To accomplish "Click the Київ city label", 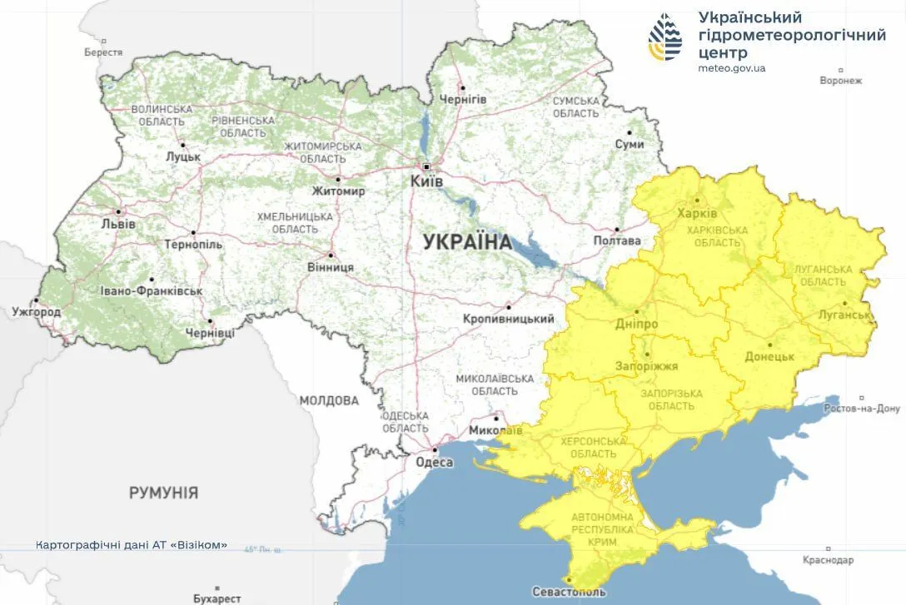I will coord(426,181).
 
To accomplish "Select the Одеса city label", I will coord(433,463).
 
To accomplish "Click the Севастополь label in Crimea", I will coord(569,593).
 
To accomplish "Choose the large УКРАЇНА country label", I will coord(467,242).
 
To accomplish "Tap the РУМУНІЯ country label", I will coord(163,493).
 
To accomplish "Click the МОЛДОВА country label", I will coord(329,400).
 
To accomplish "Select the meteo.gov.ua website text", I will coord(731,68).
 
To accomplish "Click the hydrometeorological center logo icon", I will coord(665,37).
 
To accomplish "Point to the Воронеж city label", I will coord(840,81).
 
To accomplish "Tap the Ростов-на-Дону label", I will coord(862,409).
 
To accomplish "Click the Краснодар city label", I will coord(828,560).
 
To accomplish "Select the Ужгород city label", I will coord(37,312).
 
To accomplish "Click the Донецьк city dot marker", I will coord(769,344).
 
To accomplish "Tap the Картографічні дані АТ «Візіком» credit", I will coord(132,545).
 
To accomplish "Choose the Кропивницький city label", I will coord(509,319).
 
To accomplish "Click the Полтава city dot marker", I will coord(617,230).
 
